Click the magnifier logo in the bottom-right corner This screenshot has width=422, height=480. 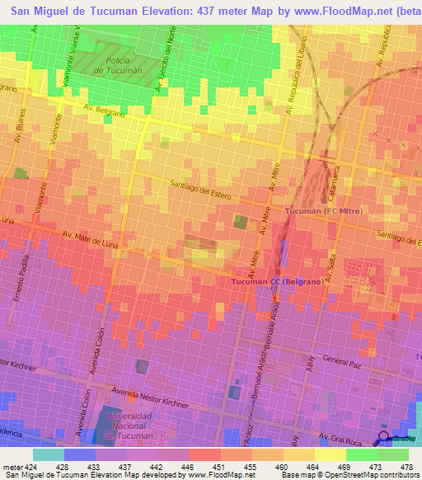(384, 437)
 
